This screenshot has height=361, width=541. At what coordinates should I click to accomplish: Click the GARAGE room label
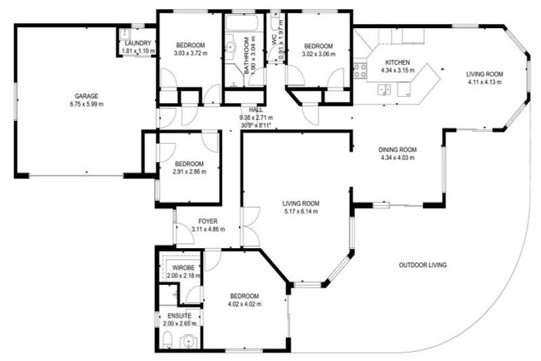[x=87, y=96]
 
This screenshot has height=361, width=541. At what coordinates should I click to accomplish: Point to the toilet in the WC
[x=274, y=19]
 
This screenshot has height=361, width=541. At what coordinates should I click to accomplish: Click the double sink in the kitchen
[x=385, y=90]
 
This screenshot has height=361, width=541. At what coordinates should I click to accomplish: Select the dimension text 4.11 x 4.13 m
[x=484, y=82]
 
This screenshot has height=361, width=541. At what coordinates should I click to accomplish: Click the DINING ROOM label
[x=398, y=149]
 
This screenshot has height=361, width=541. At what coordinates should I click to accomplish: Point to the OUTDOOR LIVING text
[x=423, y=265]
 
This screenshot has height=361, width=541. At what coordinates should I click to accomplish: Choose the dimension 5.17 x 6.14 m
[x=300, y=211]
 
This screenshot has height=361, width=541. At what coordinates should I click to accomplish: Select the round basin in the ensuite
[x=187, y=342]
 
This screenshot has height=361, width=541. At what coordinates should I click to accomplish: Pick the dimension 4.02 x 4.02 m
[x=244, y=304]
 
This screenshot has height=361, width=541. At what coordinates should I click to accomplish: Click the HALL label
[x=256, y=110]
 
